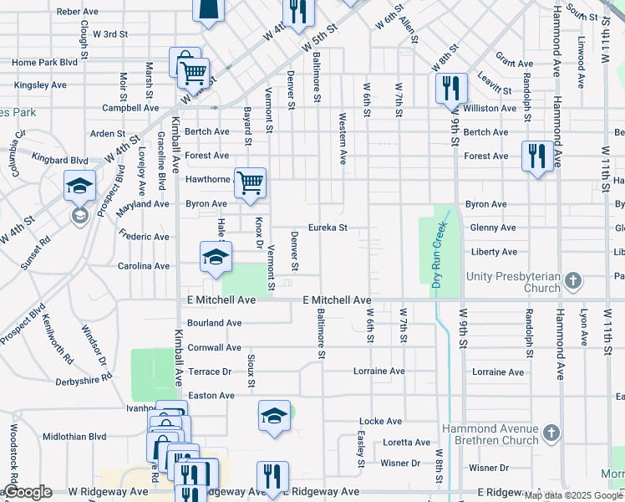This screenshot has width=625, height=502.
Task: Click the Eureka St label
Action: coord(328,228)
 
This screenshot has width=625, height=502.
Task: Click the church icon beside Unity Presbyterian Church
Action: coord(573,280)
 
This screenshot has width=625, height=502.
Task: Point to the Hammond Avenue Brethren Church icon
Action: coord(550,433)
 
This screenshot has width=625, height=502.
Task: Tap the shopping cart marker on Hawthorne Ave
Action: coord(250,182)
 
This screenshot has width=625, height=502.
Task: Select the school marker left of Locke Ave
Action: coord(273,417)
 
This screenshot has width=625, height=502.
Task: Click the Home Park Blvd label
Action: coord(44,63)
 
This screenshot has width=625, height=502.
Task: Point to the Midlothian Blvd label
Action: coord(74,437)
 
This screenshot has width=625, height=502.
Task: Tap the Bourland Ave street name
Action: coord(215,323)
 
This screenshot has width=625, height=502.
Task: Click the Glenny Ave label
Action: coord(494,228)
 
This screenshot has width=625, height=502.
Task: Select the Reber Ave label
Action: coord(78,12)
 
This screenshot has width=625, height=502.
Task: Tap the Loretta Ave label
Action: coord(407,443)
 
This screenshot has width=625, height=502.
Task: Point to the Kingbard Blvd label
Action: coord(60,160)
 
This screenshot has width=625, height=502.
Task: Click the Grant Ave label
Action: coord(514,64)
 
